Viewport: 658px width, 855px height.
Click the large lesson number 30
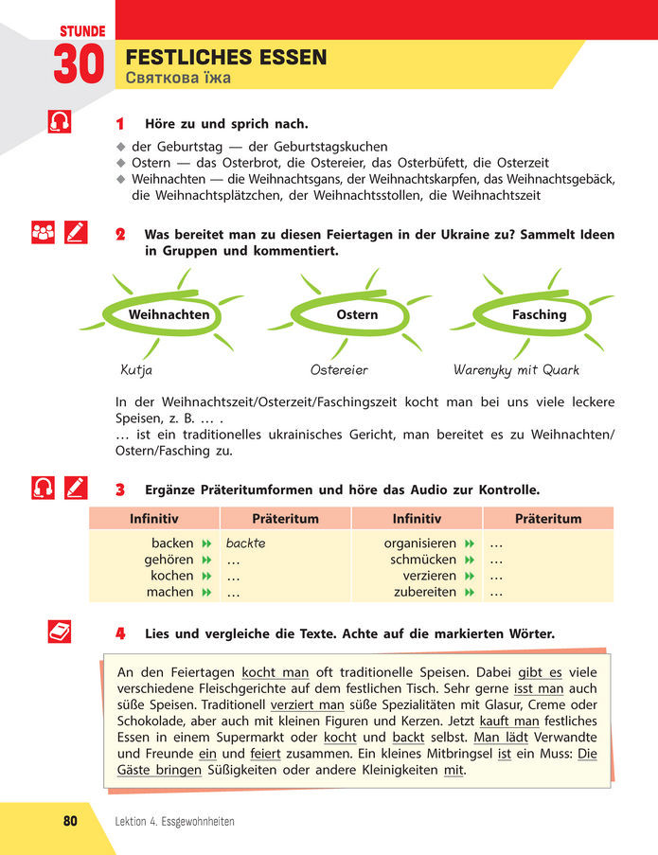tap(78, 65)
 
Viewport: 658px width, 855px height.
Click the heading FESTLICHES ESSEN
tap(226, 58)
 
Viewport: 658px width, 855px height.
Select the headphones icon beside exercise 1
tap(59, 123)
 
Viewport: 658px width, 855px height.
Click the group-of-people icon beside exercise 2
tap(44, 233)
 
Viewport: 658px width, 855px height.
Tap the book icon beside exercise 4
tap(59, 632)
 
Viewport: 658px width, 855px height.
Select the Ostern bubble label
tap(357, 314)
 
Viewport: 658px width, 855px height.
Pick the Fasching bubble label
tap(539, 314)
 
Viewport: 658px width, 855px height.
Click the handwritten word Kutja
tap(136, 370)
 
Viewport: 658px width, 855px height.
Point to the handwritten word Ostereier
tap(339, 370)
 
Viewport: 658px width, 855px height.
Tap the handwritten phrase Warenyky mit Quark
tap(516, 370)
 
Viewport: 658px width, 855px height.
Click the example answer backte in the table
tap(245, 543)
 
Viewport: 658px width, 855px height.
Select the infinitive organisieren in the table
tap(420, 543)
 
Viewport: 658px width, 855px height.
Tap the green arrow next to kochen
tap(204, 576)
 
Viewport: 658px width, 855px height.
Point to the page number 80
tap(69, 821)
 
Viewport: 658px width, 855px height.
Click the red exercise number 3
tap(120, 490)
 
